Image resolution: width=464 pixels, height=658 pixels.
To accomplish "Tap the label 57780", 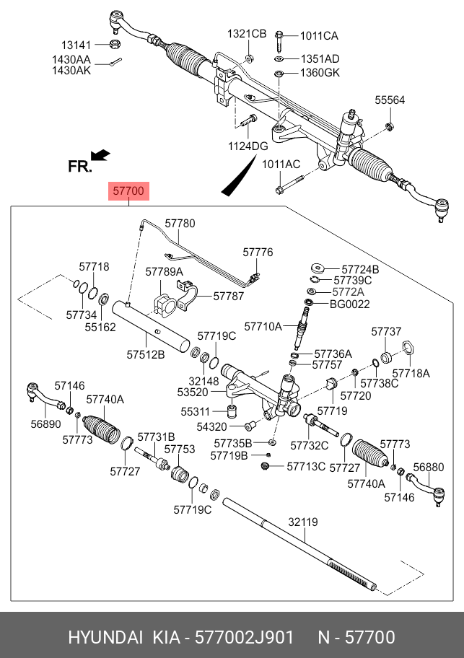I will click(180, 224).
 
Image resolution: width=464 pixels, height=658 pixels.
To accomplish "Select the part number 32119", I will click(303, 521).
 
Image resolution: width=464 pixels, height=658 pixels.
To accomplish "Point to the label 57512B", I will click(146, 354).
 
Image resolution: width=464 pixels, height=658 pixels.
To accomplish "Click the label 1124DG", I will click(248, 146).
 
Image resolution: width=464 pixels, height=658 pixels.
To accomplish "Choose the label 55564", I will click(390, 100).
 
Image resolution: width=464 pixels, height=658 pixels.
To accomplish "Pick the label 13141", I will click(76, 44).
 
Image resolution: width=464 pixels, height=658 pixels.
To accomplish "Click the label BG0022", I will click(350, 304).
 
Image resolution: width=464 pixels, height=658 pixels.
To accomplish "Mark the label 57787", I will click(228, 296).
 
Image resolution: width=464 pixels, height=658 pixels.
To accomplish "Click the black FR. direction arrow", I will click(100, 154).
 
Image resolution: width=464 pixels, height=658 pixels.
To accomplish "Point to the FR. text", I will click(79, 167).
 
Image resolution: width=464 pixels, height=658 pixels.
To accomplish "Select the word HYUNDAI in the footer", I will click(105, 638).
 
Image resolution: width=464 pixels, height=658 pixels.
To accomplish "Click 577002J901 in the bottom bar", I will click(238, 638).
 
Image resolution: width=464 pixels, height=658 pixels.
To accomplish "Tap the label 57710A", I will click(263, 327).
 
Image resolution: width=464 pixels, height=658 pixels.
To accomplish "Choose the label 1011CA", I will click(318, 35).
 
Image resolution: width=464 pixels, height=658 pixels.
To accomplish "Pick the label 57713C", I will click(306, 467).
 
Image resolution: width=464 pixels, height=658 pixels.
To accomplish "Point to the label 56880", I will click(430, 467).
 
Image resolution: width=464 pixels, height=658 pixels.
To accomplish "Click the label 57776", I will click(258, 252).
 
